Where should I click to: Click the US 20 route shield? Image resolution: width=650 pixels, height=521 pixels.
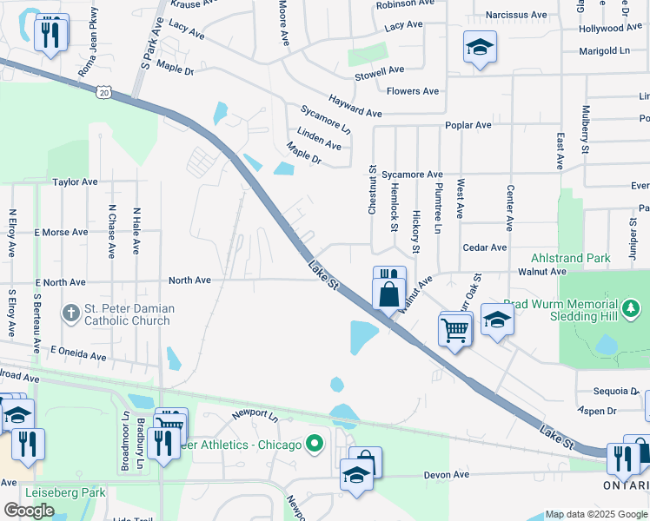(105, 90)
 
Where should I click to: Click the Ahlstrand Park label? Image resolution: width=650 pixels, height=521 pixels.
(570, 258)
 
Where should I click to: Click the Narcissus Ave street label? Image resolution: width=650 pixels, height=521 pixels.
(516, 15)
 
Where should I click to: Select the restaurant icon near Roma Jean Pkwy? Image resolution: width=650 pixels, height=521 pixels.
(50, 35)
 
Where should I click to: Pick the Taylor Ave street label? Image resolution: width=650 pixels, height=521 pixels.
(75, 182)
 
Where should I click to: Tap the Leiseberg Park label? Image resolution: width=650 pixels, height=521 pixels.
(65, 492)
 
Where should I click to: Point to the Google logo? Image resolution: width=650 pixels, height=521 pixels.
(29, 510)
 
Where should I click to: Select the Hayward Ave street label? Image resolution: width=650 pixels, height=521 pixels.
(355, 107)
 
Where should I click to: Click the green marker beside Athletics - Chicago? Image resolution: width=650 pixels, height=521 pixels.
(315, 445)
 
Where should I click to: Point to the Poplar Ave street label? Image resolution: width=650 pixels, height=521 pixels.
(468, 125)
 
